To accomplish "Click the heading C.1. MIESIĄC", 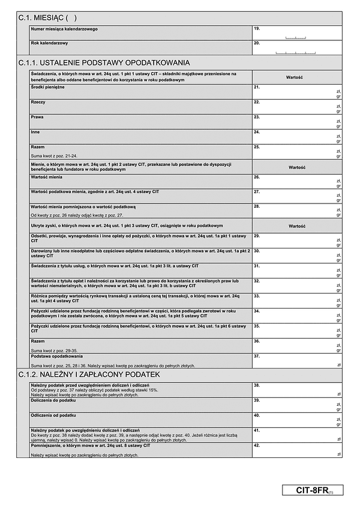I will (x=48, y=18).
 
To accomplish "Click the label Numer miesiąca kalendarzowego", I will (x=64, y=29).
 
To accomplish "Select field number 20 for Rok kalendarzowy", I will (x=297, y=47).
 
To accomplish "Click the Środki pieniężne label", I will (x=47, y=88).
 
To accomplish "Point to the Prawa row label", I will (x=38, y=117).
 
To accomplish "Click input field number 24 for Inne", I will (x=297, y=136).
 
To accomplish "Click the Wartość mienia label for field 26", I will (x=47, y=177).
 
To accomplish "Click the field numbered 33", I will (x=297, y=300).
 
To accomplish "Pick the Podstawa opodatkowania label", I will (x=58, y=356).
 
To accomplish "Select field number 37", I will (x=297, y=360).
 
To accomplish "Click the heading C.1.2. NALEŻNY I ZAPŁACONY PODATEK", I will (x=89, y=374).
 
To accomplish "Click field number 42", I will (x=297, y=450).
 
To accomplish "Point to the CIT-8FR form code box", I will (x=313, y=490).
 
